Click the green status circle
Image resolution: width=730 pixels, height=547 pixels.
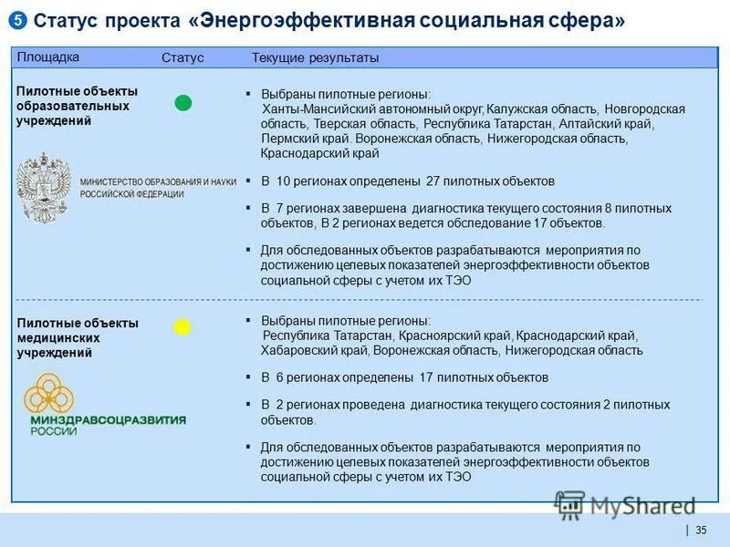click(183, 103)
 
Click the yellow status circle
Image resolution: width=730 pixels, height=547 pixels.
click(182, 327)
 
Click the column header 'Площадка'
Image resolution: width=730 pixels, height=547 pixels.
click(48, 57)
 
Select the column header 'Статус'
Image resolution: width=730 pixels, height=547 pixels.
click(182, 58)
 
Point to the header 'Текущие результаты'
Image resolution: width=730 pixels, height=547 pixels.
click(315, 58)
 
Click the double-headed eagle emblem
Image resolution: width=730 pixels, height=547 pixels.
click(44, 188)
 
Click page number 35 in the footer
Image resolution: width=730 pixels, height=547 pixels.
click(701, 531)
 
